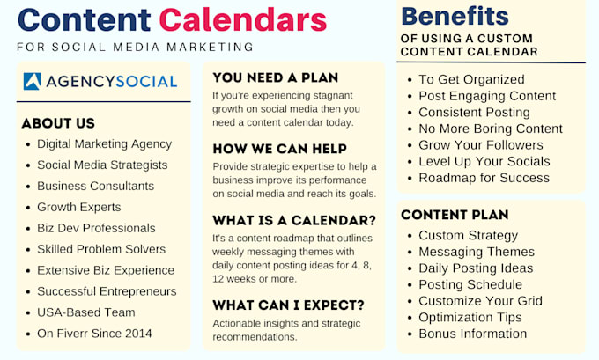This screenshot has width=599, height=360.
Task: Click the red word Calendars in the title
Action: point(243,19)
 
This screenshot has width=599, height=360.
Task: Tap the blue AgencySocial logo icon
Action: point(32,81)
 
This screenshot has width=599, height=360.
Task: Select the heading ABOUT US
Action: point(58,123)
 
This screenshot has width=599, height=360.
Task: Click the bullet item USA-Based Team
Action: point(86,312)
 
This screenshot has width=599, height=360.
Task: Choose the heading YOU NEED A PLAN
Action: point(276,77)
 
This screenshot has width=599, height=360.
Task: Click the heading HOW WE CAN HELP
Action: point(279,149)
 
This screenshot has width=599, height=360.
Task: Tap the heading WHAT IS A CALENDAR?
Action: point(294,221)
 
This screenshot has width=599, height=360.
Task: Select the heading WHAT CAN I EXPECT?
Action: point(288,305)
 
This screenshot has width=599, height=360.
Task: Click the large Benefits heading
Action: point(455,17)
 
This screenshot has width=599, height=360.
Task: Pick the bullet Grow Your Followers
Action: point(481,145)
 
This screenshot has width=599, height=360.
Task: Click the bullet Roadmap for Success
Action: point(484,178)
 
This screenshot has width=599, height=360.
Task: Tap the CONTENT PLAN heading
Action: point(455,215)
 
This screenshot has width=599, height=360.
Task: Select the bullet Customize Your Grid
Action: point(480,301)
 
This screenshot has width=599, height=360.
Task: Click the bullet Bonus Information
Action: point(472,334)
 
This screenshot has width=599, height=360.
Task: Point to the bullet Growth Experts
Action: point(78,207)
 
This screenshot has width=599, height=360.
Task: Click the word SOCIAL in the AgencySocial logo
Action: point(146,82)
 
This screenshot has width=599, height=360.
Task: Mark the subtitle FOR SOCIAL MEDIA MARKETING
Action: point(136,47)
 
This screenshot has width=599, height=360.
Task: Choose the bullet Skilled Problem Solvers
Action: point(101,249)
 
